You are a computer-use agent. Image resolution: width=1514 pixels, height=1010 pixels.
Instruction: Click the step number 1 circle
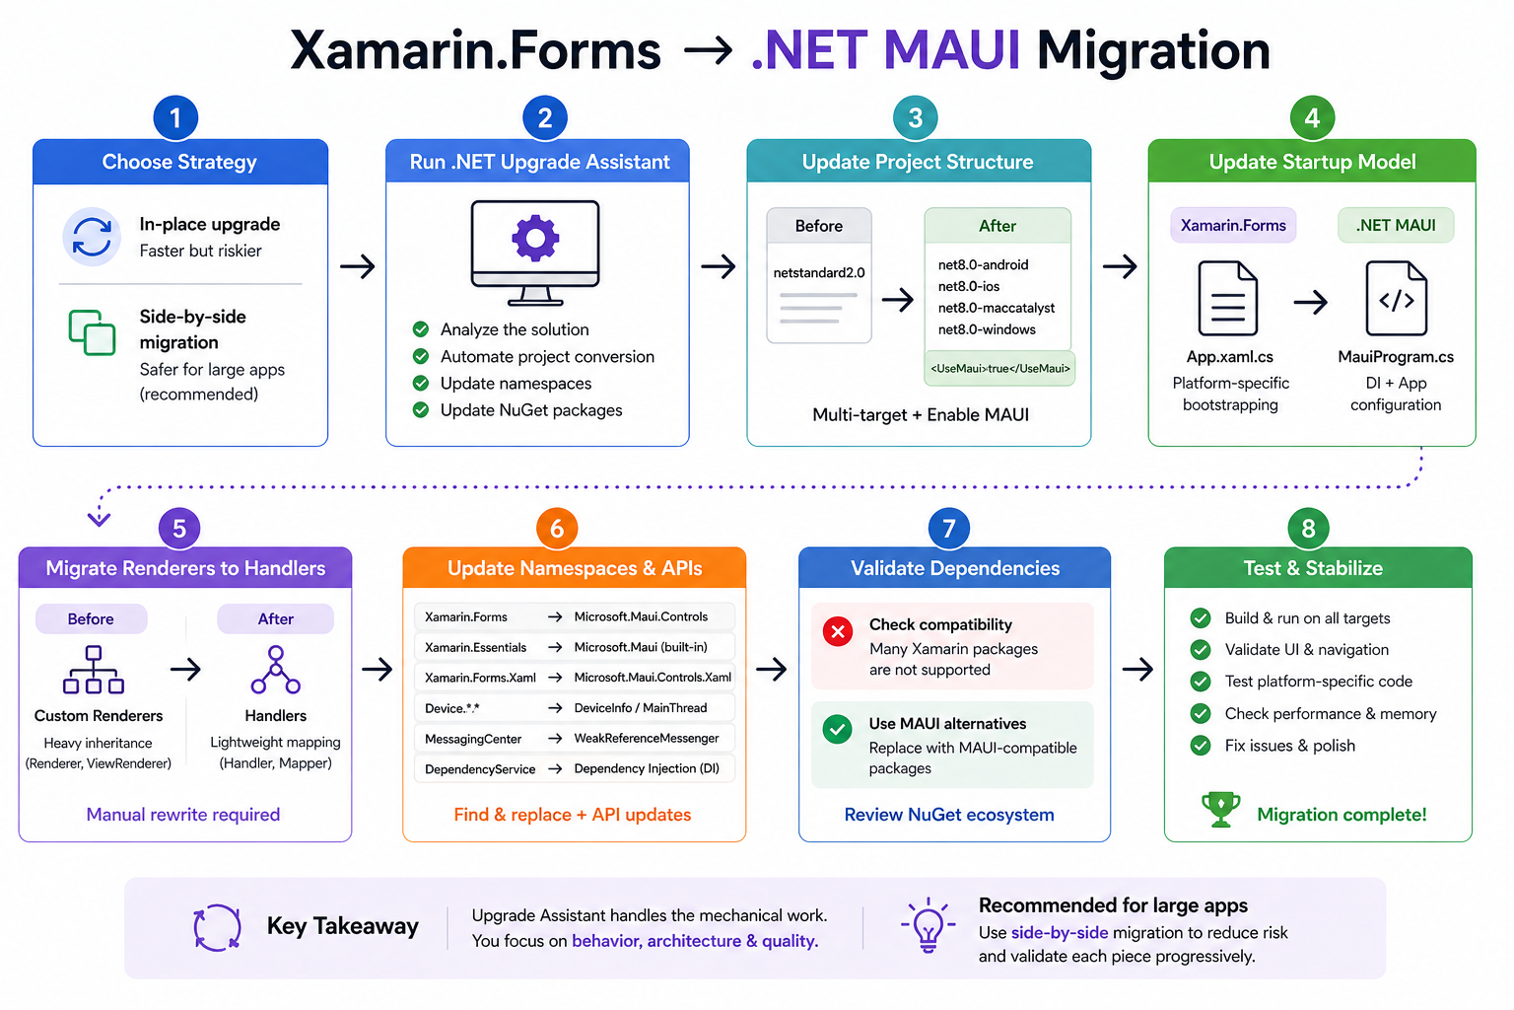point(175,118)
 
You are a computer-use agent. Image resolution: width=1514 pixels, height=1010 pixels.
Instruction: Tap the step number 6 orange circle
point(557,529)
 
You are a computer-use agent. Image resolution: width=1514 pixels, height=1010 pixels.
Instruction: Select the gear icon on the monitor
point(535,238)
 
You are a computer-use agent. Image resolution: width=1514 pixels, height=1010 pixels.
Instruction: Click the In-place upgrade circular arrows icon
point(92,237)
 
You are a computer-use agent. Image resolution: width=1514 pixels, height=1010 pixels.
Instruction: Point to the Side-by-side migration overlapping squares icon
point(92,332)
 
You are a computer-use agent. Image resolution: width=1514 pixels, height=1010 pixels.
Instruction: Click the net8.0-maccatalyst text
point(996,308)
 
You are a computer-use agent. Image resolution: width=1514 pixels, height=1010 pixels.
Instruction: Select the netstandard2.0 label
point(819,273)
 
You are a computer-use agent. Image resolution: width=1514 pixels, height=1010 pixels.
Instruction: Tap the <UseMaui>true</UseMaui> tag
point(999,369)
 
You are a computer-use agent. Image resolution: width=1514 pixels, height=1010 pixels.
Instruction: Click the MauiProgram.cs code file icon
point(1396,299)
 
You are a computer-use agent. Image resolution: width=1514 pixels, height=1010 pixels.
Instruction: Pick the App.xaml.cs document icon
point(1228,299)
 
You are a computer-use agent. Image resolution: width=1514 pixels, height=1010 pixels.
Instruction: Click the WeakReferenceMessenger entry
point(647,739)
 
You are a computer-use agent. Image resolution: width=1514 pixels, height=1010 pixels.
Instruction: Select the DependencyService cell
point(480,769)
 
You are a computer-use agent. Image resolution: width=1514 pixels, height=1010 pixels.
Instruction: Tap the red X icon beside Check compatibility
point(838,631)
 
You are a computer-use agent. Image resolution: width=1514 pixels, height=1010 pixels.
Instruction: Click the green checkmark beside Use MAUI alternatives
point(838,730)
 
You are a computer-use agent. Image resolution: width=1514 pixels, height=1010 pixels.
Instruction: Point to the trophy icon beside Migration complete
point(1220,810)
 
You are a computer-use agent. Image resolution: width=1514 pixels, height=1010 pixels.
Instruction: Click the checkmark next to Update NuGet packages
point(421,410)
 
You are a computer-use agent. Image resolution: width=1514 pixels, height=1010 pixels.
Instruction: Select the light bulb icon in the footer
point(928,925)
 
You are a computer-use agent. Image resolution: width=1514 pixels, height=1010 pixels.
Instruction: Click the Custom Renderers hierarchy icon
point(94,670)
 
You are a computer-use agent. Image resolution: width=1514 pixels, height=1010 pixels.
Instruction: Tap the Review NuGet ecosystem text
point(949,815)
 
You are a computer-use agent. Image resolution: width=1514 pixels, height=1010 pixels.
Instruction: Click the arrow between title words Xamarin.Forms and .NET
point(708,50)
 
